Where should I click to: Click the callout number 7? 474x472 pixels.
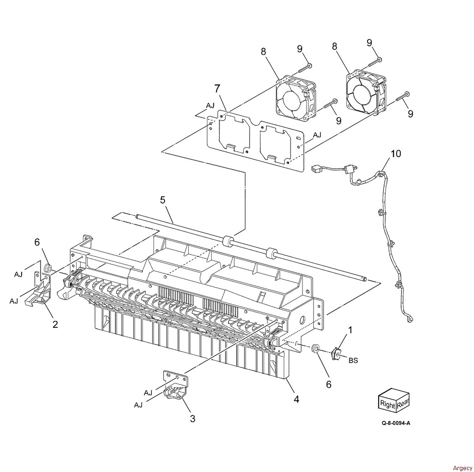click(x=217, y=89)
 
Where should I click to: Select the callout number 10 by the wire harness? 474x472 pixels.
click(x=396, y=153)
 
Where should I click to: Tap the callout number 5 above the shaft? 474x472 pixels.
click(x=163, y=200)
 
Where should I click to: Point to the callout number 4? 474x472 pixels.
click(x=296, y=399)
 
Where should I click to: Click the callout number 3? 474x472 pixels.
click(x=193, y=419)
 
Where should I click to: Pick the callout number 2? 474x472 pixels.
click(x=55, y=324)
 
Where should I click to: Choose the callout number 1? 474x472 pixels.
click(x=350, y=330)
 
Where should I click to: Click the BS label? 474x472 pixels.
click(x=353, y=360)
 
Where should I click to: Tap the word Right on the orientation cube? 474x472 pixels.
click(x=387, y=404)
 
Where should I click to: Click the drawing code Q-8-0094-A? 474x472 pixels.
click(x=396, y=423)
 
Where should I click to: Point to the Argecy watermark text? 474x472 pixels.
click(x=462, y=468)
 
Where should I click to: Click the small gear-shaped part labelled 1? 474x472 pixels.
click(x=335, y=354)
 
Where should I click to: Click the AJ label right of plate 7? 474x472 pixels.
click(x=317, y=135)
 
